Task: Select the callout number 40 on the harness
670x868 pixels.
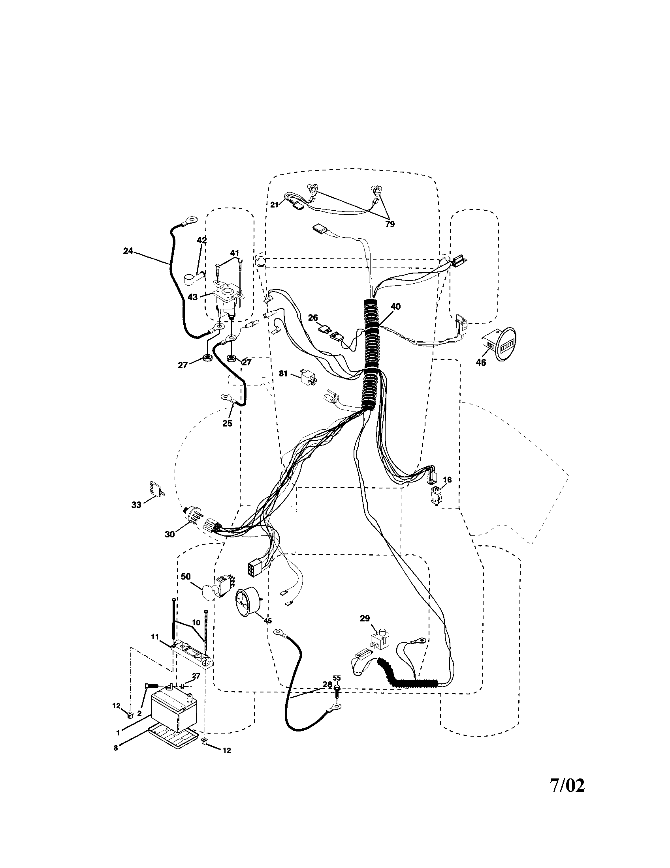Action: [x=395, y=307]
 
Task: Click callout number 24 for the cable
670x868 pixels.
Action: [x=128, y=251]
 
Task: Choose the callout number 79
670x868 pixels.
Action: [x=390, y=224]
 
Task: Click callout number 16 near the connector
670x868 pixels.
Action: [x=447, y=480]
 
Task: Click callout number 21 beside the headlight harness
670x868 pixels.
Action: [x=274, y=205]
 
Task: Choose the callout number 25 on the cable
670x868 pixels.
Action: [x=227, y=423]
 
